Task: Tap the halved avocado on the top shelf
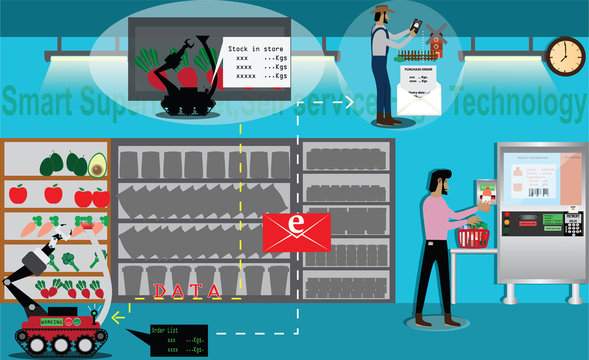[x=97, y=163]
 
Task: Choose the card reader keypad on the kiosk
[x=572, y=222]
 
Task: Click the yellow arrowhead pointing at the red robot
[x=118, y=318]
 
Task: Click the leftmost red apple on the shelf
[x=17, y=194]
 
